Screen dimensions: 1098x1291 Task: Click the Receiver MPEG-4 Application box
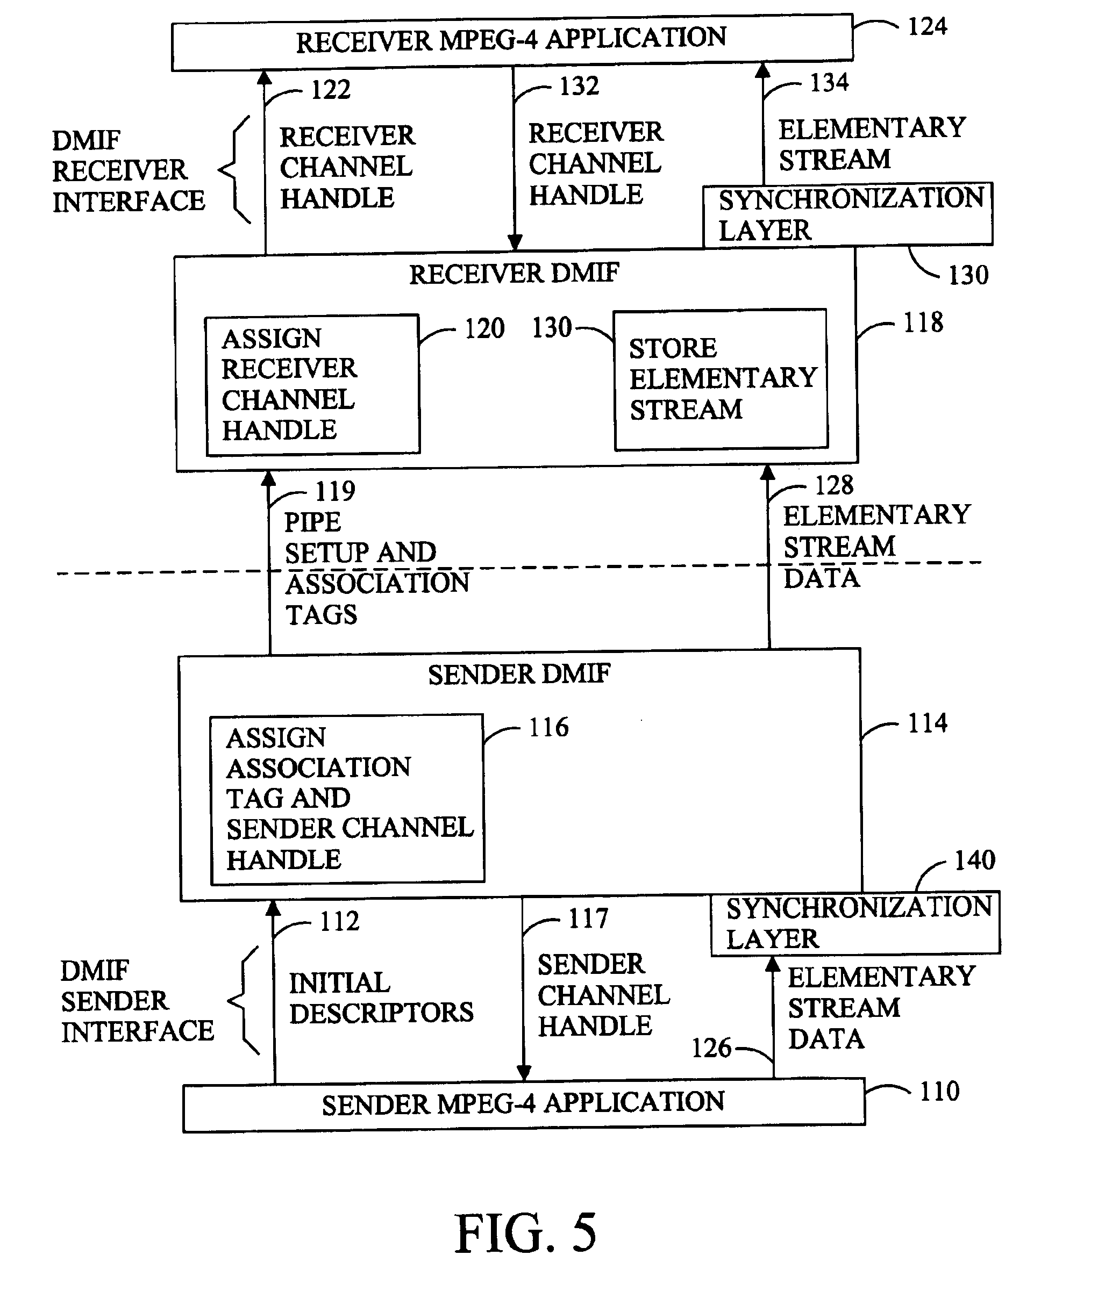click(x=512, y=42)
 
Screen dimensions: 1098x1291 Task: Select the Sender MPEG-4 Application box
click(x=524, y=1104)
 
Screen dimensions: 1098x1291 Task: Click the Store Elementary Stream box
click(x=721, y=379)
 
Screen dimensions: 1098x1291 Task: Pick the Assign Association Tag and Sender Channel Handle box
click(x=347, y=799)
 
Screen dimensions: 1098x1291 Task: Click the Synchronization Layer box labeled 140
click(x=855, y=923)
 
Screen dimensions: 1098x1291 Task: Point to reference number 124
click(x=928, y=27)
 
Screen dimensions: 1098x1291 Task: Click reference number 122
click(x=331, y=90)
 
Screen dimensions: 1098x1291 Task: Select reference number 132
click(x=579, y=86)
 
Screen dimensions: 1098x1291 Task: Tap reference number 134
click(x=829, y=82)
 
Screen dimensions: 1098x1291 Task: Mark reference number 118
click(x=923, y=322)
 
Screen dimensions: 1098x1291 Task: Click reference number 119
click(x=335, y=491)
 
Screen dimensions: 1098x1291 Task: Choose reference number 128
click(x=834, y=485)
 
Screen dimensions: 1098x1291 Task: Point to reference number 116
click(x=548, y=727)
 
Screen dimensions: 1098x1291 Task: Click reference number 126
click(x=711, y=1049)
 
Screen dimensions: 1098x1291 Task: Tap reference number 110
click(x=939, y=1091)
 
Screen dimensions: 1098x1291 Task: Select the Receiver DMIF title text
click(x=514, y=273)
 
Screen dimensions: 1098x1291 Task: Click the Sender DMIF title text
click(x=519, y=674)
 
